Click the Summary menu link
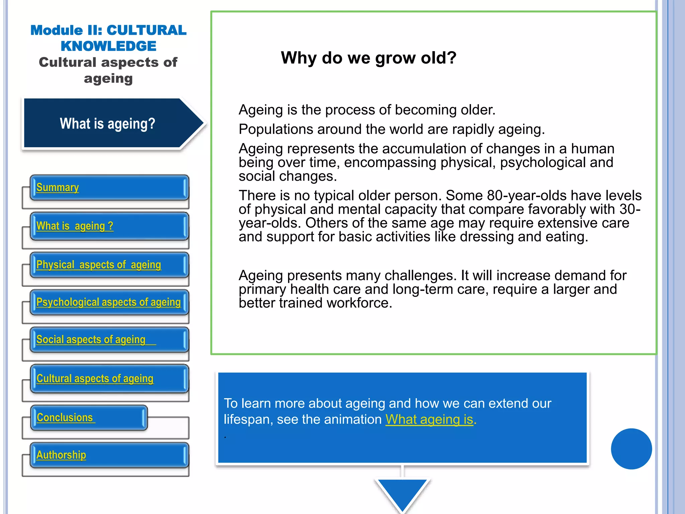58,187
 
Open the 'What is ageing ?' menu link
75,226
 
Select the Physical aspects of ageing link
98,265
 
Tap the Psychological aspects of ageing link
108,302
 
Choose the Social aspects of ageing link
91,340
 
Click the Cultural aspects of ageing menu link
95,378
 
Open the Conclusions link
65,418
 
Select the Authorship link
61,455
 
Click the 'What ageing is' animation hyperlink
429,419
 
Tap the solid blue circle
631,449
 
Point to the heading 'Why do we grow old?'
368,58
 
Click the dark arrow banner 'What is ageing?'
108,123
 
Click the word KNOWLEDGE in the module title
108,46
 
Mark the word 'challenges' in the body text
420,276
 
